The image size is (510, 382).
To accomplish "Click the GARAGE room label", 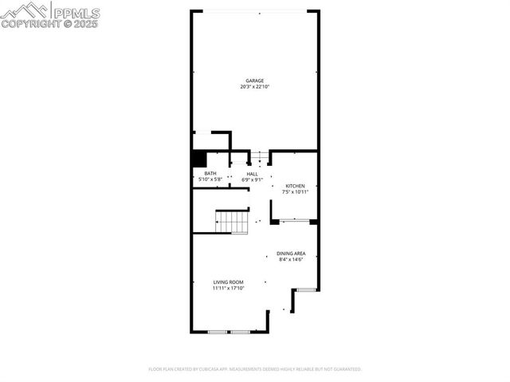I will pos(254,81).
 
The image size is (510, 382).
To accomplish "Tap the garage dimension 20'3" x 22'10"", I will pos(254,86).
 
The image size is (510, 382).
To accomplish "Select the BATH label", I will pos(210,174).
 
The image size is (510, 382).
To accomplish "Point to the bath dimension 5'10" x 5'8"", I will pos(210,179).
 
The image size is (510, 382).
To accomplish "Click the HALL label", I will pos(252,174).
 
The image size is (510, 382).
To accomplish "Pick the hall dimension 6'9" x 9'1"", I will pos(252,179).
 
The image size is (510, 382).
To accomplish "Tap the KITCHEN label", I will pos(296,186).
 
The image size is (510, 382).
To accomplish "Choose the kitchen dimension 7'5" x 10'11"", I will pos(296,191).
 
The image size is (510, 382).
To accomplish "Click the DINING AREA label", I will pos(292,254).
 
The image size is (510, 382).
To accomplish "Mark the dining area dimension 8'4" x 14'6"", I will pos(292,259).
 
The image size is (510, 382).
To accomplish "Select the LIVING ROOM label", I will pos(228,282).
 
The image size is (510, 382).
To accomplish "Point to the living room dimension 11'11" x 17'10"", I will pos(228,288).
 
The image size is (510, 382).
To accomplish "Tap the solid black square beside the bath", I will pos(199,159).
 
